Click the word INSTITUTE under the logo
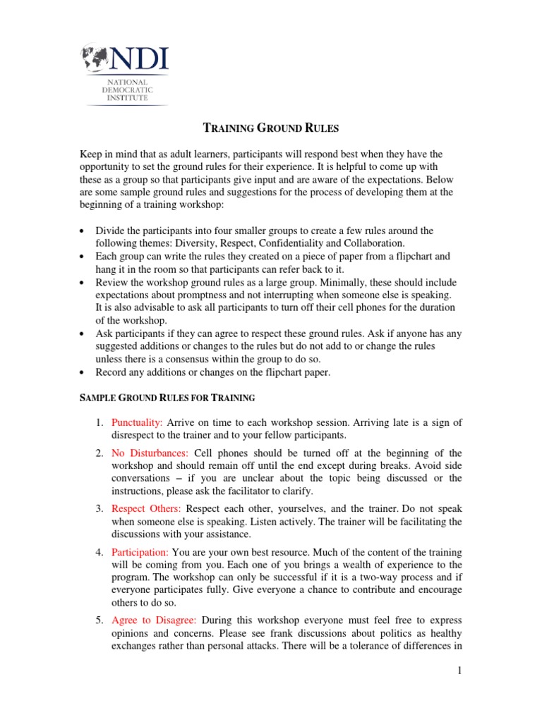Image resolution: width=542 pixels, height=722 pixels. pos(128,99)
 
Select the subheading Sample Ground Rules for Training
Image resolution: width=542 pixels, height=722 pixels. pos(166,398)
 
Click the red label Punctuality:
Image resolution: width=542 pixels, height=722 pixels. pos(137,422)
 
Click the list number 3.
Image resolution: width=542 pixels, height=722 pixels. pos(99,508)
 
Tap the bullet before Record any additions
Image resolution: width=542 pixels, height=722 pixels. pos(84,372)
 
